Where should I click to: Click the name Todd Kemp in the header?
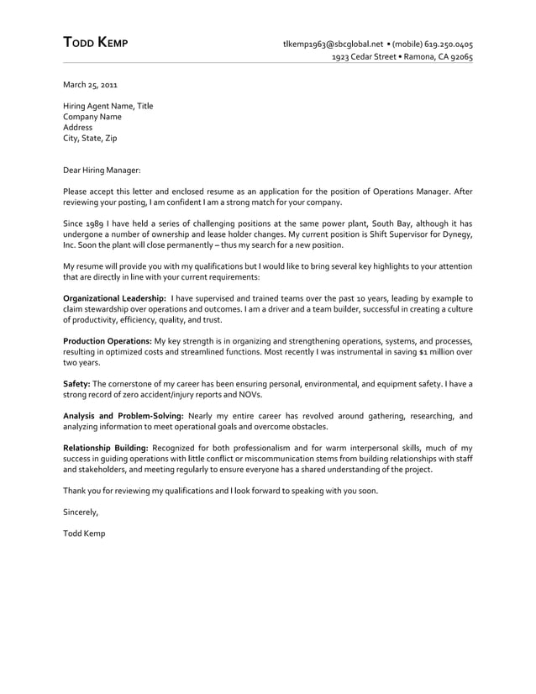[96, 44]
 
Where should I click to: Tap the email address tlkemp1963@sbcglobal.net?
[333, 44]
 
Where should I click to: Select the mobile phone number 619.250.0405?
[449, 44]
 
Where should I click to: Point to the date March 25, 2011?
[91, 86]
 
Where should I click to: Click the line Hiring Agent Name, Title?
[108, 107]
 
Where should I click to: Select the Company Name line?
[92, 118]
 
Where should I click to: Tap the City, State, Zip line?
[92, 139]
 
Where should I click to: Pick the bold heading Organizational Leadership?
[115, 298]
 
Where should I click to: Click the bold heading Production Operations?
[108, 341]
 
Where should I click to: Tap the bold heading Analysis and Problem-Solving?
[123, 416]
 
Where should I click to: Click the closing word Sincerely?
[81, 512]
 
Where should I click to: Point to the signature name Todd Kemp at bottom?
[85, 534]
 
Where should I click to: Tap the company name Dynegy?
[454, 235]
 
